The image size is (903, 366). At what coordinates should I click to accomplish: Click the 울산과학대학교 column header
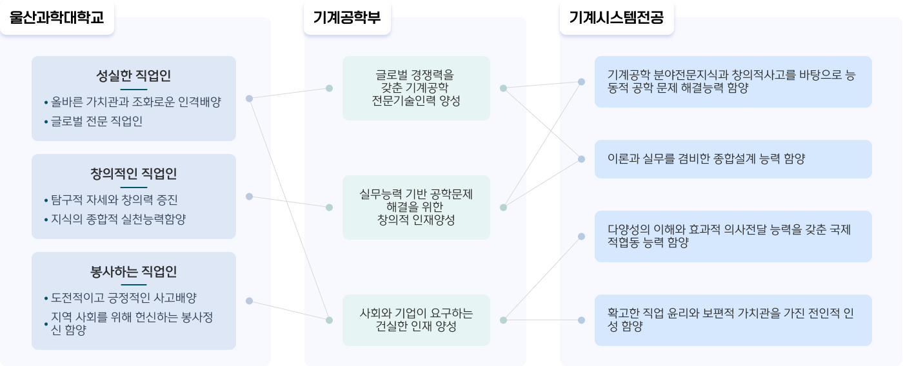point(57,17)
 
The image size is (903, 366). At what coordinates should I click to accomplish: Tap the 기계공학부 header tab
point(347,17)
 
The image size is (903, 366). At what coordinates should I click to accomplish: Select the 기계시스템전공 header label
point(617,17)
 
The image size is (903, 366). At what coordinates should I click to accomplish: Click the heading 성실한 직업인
point(134,75)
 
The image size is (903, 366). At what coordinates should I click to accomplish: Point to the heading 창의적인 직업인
point(134,173)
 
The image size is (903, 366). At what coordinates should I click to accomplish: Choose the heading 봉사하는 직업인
point(134,272)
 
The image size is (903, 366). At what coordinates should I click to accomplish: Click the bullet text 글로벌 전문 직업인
point(97,121)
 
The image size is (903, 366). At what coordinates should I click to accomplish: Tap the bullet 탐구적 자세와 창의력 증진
point(114,200)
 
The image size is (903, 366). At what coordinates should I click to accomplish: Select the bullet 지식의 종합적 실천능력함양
point(118,219)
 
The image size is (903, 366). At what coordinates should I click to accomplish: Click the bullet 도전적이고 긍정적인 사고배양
point(123,298)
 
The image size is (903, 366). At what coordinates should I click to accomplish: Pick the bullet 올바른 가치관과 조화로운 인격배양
point(136,102)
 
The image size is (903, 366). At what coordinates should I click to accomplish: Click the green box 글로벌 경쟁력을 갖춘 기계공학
point(416,88)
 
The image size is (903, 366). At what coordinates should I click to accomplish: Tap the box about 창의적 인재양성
point(416,207)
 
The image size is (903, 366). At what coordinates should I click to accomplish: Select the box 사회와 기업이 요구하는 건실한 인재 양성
point(416,320)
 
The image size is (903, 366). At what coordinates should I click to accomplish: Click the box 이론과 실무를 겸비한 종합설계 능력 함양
point(733,159)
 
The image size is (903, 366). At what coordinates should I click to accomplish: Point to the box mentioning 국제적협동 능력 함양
point(733,236)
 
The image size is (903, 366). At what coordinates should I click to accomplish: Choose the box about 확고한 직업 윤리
point(733,320)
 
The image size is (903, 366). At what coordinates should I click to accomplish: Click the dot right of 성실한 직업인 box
point(249,98)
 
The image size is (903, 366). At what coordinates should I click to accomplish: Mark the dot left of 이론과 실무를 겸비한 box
point(581,159)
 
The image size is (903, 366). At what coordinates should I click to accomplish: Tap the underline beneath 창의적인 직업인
point(134,188)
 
